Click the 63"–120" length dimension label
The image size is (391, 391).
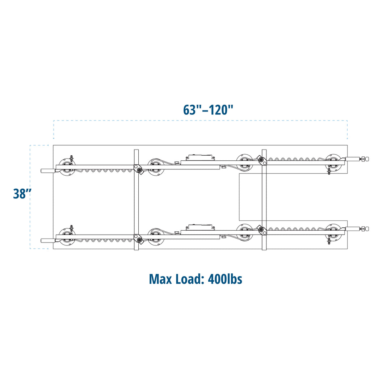(208, 110)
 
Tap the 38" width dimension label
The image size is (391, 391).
(22, 193)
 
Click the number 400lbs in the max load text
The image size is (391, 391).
(225, 279)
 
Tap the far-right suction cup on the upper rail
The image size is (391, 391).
(333, 162)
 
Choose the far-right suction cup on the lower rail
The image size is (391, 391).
(333, 232)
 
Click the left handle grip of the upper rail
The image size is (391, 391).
(48, 171)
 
